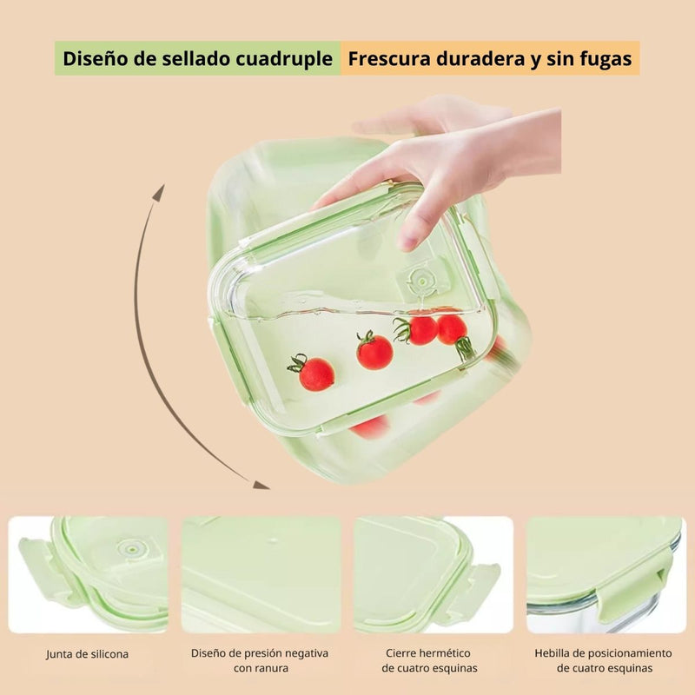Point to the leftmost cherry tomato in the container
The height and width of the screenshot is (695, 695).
point(314,373)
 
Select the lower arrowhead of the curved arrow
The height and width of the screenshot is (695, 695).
point(260,484)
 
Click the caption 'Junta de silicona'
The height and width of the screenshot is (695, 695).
point(87,653)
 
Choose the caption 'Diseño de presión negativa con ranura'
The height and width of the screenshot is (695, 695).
point(260,660)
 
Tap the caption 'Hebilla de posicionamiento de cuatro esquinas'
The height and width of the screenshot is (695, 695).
point(604,660)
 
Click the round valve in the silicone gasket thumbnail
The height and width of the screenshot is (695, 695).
point(132,548)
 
